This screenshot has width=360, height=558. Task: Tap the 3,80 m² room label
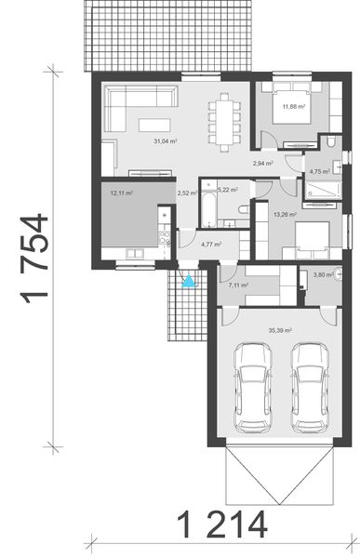(324, 274)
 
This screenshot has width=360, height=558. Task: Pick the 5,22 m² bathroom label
(228, 190)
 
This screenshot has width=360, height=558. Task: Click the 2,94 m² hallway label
(262, 163)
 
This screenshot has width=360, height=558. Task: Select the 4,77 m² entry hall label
(211, 244)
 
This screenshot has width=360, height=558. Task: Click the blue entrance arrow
(190, 281)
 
